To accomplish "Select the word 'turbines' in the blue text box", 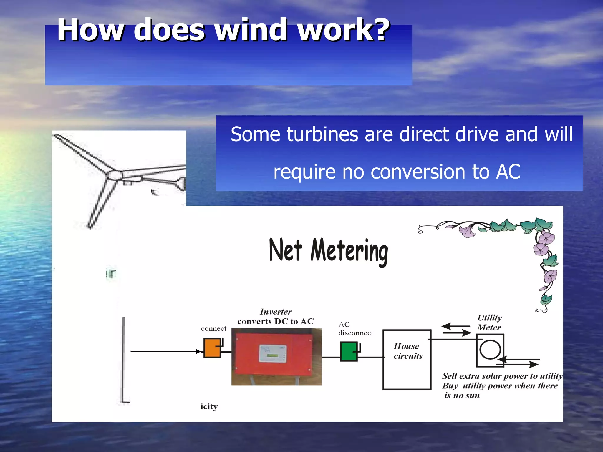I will (x=322, y=134).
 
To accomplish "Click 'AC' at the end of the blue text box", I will (x=508, y=172).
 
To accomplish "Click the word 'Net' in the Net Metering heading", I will (x=285, y=250).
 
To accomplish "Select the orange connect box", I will (x=212, y=348).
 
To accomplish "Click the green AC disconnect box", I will (x=349, y=351).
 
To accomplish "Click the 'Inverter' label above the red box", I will (x=276, y=312).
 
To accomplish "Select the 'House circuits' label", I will (x=408, y=351).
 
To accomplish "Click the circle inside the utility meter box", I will (x=490, y=350).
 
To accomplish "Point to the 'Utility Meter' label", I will (x=489, y=323).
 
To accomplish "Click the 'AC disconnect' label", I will (x=355, y=329).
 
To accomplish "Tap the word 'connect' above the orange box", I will (x=213, y=328).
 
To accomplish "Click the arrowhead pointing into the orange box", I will (x=198, y=351).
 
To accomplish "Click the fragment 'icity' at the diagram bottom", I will (x=209, y=407).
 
